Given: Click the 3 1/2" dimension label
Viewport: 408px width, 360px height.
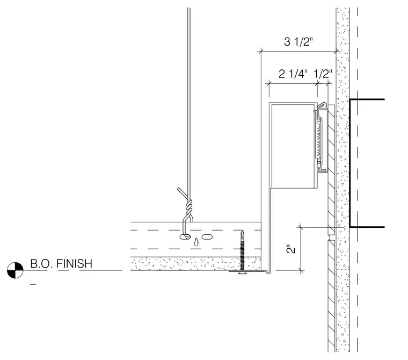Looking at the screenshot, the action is pyautogui.click(x=298, y=42).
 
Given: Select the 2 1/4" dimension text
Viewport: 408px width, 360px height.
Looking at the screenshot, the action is pyautogui.click(x=293, y=74).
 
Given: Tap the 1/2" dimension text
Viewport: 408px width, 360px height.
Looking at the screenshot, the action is pyautogui.click(x=323, y=74).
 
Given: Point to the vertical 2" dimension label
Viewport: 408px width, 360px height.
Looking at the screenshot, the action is pyautogui.click(x=291, y=249).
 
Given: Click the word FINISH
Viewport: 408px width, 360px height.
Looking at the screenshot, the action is pyautogui.click(x=74, y=264).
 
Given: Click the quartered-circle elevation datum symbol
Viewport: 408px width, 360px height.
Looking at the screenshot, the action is pyautogui.click(x=15, y=270).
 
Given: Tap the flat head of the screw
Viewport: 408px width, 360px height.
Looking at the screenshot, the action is pyautogui.click(x=242, y=272).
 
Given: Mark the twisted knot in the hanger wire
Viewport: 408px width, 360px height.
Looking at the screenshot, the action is pyautogui.click(x=189, y=207).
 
